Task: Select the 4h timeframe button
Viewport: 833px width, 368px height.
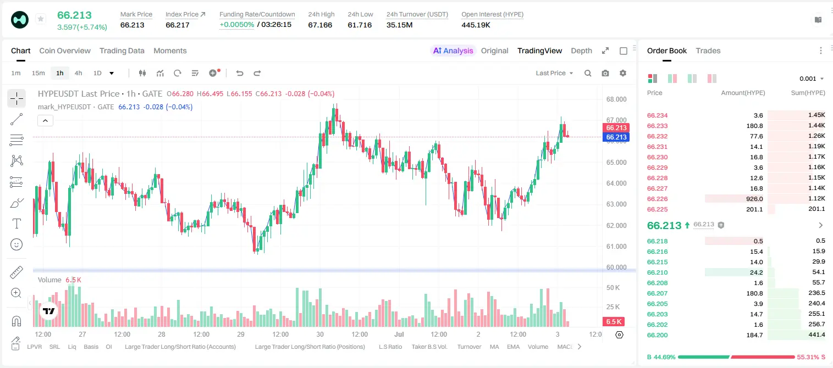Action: [x=78, y=73]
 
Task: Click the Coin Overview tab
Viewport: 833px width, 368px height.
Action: [x=65, y=51]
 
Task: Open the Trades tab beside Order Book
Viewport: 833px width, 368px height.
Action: [x=708, y=51]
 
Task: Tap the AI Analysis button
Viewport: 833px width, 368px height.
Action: [x=453, y=51]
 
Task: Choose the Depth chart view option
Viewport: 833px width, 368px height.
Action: [x=581, y=51]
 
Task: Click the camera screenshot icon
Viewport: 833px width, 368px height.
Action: [x=605, y=73]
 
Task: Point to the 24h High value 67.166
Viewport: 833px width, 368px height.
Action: [x=320, y=25]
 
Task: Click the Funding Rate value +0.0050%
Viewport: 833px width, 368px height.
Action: [x=237, y=25]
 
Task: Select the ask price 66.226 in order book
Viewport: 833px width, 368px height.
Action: [x=657, y=199]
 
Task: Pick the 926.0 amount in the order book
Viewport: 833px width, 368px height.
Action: [x=754, y=199]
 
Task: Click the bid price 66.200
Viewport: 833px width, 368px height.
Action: [x=657, y=335]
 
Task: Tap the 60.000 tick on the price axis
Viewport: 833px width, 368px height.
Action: [x=616, y=267]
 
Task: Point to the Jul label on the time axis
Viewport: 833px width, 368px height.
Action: [x=399, y=334]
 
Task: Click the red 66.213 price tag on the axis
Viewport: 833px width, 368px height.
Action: [x=616, y=128]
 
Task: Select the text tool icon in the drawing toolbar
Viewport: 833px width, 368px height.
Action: [x=16, y=224]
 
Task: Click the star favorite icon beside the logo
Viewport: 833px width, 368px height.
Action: [x=41, y=19]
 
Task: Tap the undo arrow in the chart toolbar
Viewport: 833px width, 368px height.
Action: [x=240, y=73]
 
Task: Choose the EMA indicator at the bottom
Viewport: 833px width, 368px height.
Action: [x=513, y=347]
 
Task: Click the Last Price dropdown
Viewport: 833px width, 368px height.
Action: [x=554, y=73]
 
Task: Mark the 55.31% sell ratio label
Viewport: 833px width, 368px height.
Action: [x=808, y=357]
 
